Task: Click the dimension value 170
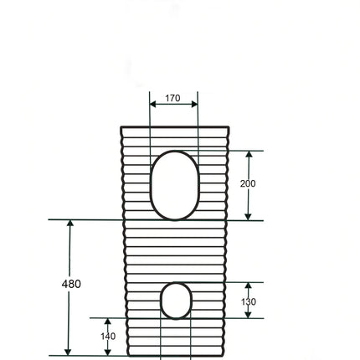[x=172, y=98]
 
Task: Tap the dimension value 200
[x=248, y=183]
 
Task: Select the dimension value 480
[x=71, y=284]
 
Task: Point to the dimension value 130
[x=249, y=301]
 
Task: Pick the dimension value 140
[x=108, y=337]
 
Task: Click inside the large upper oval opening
[x=175, y=185]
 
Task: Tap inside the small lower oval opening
[x=176, y=301]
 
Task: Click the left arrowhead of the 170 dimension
[x=153, y=105]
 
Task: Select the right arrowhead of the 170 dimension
[x=194, y=105]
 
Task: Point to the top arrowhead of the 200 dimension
[x=249, y=154]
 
